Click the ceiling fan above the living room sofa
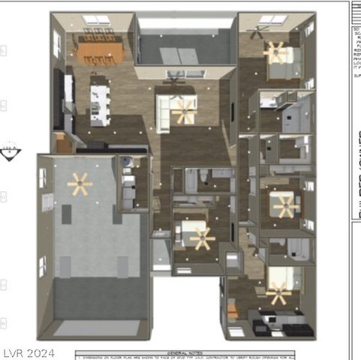[182, 111]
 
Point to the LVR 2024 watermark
[29, 352]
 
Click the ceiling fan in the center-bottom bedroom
[200, 238]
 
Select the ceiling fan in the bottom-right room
[278, 294]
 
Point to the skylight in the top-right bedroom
[272, 19]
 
